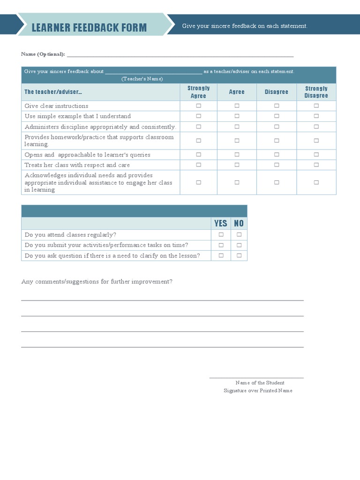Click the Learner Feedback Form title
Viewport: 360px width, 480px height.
coord(89,28)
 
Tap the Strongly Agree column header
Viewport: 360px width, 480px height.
coord(198,92)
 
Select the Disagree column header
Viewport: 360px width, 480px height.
coord(277,92)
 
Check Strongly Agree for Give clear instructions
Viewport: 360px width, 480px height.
coord(198,106)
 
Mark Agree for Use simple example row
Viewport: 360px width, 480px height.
coord(237,116)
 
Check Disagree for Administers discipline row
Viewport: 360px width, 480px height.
coord(277,127)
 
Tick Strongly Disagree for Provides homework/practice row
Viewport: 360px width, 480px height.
coord(316,141)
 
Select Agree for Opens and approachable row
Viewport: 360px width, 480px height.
coord(237,155)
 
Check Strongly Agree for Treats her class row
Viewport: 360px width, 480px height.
coord(198,165)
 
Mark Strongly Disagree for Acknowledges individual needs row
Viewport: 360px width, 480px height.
coord(316,182)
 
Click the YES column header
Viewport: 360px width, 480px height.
coord(220,224)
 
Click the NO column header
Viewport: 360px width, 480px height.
coord(239,224)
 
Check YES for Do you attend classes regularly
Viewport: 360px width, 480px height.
coord(221,235)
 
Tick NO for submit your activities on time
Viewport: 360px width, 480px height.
coord(239,245)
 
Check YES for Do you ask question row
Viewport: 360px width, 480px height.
coord(221,255)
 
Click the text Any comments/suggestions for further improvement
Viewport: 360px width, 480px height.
coord(97,282)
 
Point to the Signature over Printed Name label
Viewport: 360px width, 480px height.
coord(258,390)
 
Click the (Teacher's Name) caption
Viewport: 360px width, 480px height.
coord(142,79)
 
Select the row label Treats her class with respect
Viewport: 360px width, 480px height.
coord(77,165)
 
